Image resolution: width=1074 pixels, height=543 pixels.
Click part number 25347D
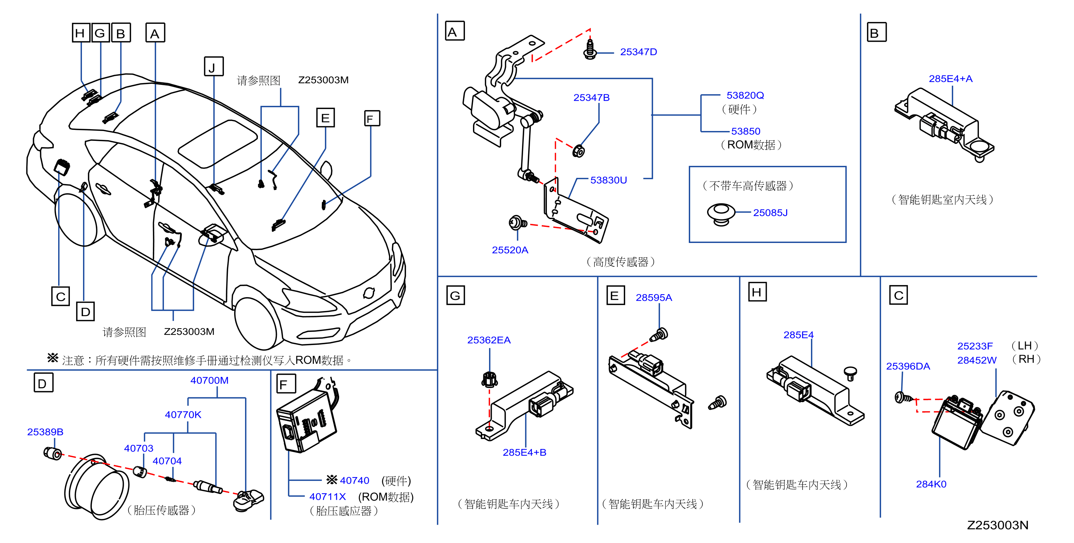click(x=638, y=52)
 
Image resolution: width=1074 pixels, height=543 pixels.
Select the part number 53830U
click(x=608, y=180)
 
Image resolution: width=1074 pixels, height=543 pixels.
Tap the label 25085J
click(x=770, y=213)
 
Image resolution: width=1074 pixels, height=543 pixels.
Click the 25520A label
click(x=510, y=250)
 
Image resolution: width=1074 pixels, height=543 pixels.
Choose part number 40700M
click(x=209, y=380)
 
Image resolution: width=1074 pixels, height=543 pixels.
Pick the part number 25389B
click(x=45, y=432)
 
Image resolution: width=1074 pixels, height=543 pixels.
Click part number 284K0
click(x=931, y=484)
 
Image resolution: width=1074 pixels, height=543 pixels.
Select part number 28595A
click(x=654, y=297)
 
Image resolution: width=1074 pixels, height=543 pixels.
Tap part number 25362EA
click(x=489, y=340)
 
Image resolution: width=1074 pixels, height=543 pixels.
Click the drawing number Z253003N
click(x=997, y=525)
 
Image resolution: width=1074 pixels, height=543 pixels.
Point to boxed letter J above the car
click(x=214, y=67)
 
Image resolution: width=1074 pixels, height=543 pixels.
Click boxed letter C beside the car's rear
click(x=60, y=296)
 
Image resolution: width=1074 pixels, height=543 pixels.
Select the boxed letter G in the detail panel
click(x=455, y=295)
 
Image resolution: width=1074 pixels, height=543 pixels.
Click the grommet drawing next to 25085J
click(x=721, y=214)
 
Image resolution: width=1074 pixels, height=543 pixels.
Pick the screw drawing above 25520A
click(x=517, y=222)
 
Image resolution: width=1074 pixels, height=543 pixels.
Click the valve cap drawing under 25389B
click(x=53, y=453)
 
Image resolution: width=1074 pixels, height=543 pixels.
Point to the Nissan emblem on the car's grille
click(x=369, y=293)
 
